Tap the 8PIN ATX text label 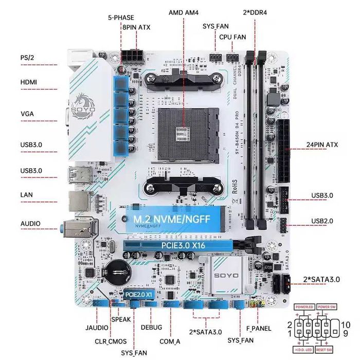tap(136, 27)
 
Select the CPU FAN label tap(233, 37)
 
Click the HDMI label tap(29, 82)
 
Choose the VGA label tap(27, 114)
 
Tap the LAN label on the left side tap(27, 195)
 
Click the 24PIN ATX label tap(321, 145)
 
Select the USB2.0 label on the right tap(322, 221)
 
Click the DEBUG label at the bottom tap(151, 327)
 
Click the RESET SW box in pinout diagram tap(324, 350)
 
